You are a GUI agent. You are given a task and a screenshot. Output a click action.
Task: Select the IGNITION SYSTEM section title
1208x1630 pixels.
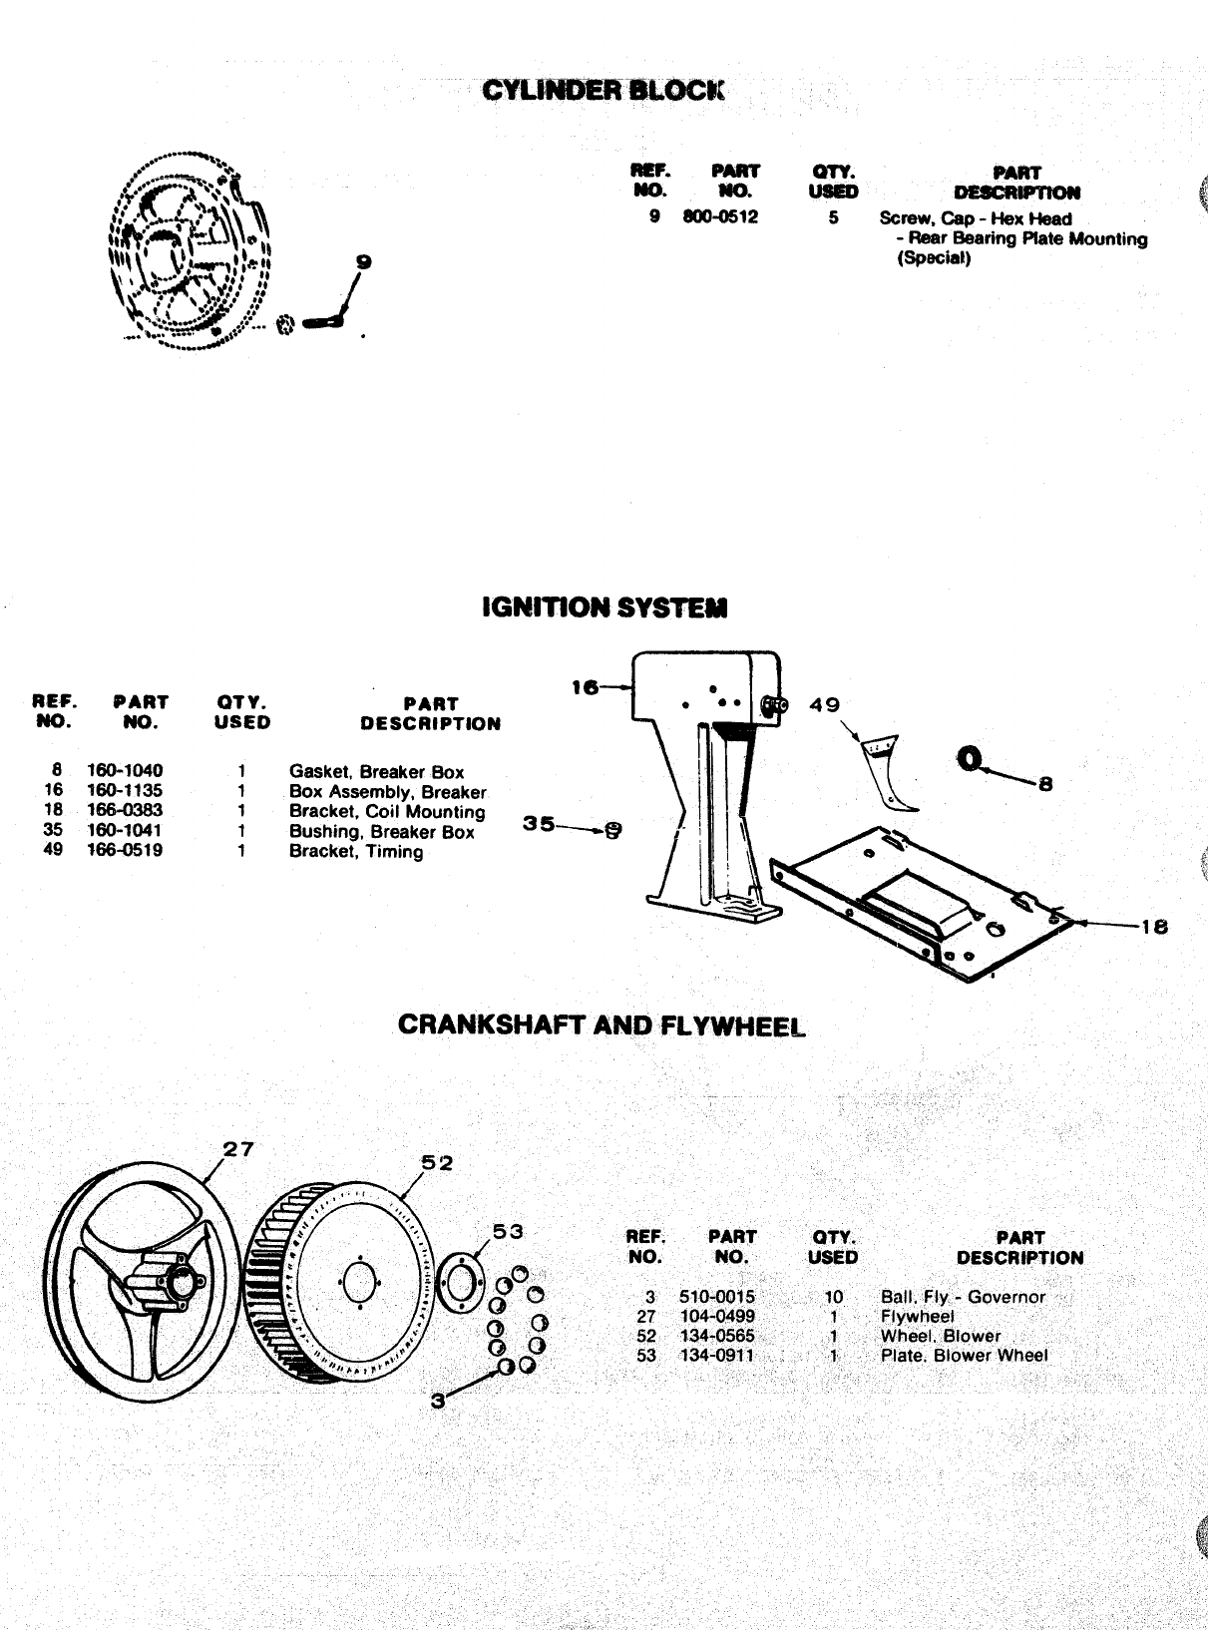tap(604, 607)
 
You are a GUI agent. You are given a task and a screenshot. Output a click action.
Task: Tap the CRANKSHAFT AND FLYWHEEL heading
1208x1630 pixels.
tap(601, 1025)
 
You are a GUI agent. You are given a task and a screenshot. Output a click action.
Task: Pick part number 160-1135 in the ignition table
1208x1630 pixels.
tap(125, 790)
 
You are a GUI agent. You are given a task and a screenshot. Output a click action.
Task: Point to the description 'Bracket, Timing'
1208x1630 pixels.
tap(356, 851)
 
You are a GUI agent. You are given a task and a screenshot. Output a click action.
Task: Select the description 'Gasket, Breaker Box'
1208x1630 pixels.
tap(376, 771)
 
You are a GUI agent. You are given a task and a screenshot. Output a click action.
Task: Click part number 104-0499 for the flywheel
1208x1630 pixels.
tap(717, 1316)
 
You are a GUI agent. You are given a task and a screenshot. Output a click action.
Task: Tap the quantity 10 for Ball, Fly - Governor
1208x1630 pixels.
tap(833, 1297)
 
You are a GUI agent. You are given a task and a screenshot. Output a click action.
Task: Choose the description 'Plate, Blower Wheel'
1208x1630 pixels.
tap(964, 1356)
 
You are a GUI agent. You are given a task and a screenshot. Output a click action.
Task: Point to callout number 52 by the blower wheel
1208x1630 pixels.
tap(436, 1162)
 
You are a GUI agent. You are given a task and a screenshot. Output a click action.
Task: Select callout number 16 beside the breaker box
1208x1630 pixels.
tap(585, 686)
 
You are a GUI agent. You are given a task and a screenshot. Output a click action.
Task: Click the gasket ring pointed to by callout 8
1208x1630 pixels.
tap(967, 760)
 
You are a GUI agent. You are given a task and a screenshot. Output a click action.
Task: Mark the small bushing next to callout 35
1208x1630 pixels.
tap(613, 829)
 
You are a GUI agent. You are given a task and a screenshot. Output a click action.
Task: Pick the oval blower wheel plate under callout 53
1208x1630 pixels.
tap(460, 1280)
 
